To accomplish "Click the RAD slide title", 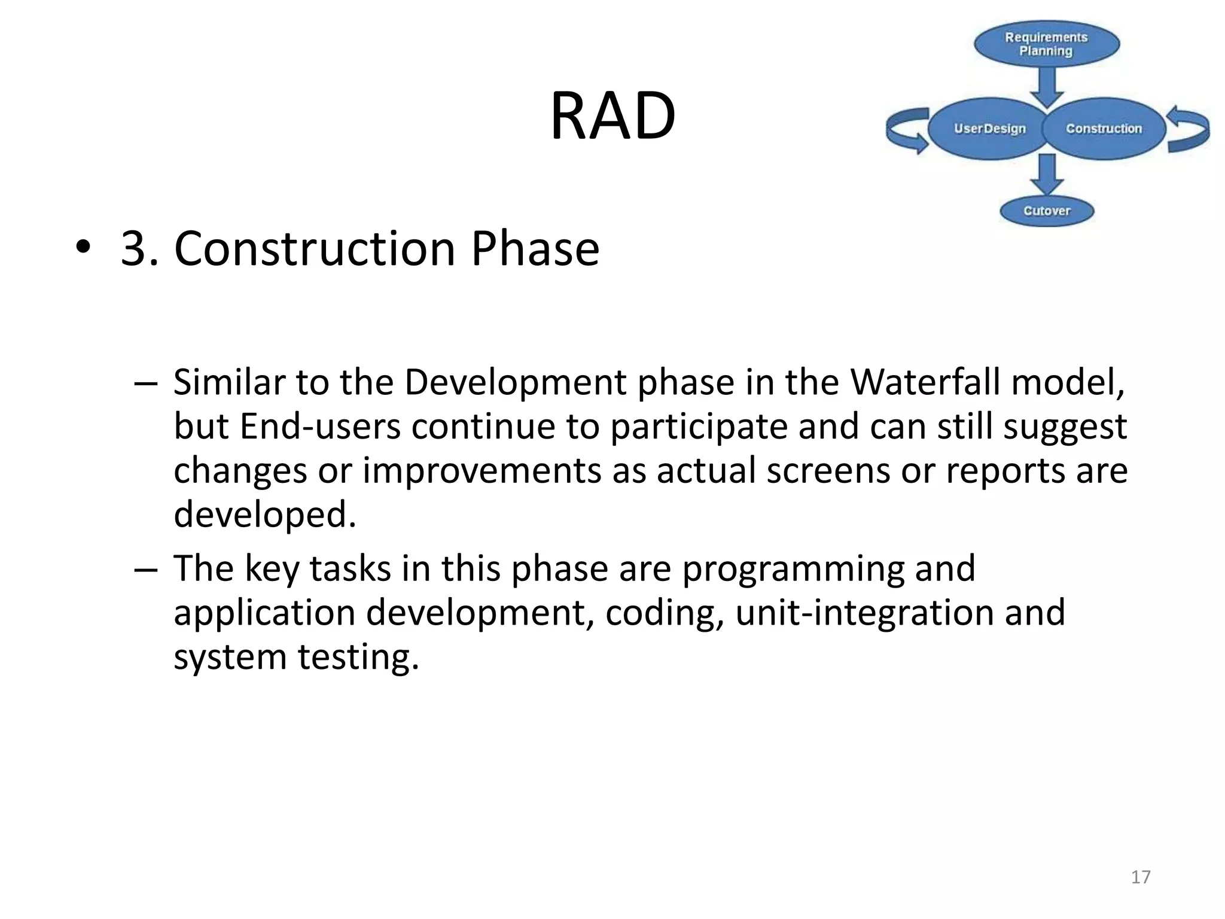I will click(x=612, y=115).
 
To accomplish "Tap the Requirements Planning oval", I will click(x=1046, y=44).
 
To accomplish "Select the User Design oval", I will click(x=989, y=129).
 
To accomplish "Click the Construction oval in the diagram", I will click(x=1104, y=129).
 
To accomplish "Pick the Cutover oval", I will click(x=1046, y=211).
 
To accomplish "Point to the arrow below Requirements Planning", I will click(x=1046, y=86).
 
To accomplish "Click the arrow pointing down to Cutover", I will click(x=1046, y=174).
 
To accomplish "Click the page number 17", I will click(x=1141, y=877).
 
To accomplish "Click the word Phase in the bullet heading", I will click(x=535, y=248).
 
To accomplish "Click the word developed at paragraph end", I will click(x=264, y=515).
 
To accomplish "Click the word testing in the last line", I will click(x=358, y=657).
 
